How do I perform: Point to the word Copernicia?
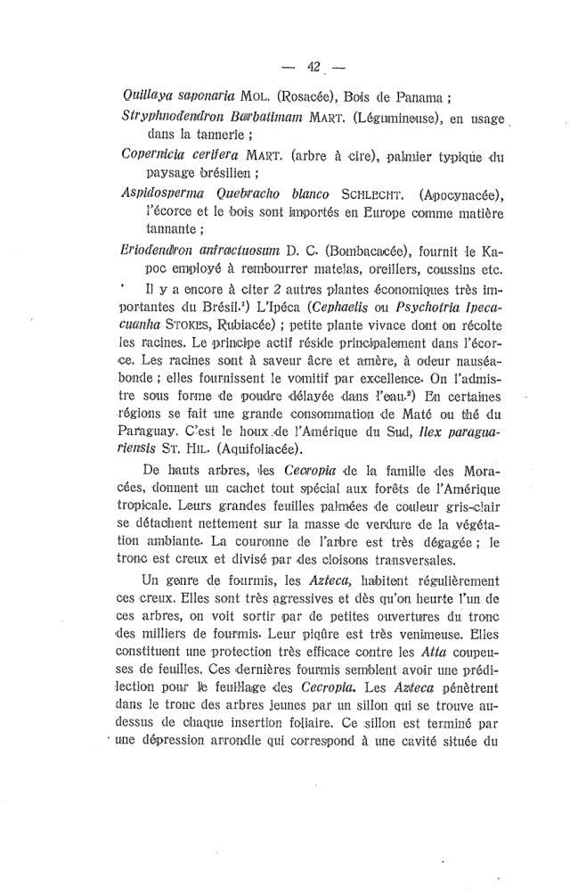(x=152, y=156)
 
